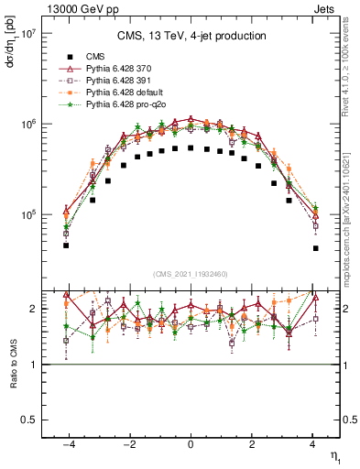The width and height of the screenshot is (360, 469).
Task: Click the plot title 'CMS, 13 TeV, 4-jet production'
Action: pyautogui.click(x=191, y=37)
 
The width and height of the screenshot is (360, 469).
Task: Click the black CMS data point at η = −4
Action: pyautogui.click(x=66, y=245)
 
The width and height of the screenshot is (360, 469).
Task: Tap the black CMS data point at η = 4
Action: pyautogui.click(x=315, y=248)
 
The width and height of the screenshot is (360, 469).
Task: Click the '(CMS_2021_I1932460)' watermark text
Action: pyautogui.click(x=191, y=274)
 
